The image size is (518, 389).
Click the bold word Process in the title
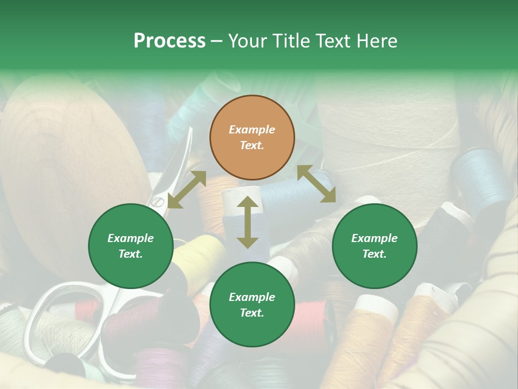coord(169,41)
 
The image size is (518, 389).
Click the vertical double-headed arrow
coord(248,222)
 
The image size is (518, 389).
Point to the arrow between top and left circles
coord(187,189)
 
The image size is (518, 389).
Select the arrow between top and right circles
coord(316,184)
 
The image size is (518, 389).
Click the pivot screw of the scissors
coord(156,202)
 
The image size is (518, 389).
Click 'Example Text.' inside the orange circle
coord(252,137)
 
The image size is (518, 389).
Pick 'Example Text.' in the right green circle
coord(374,246)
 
